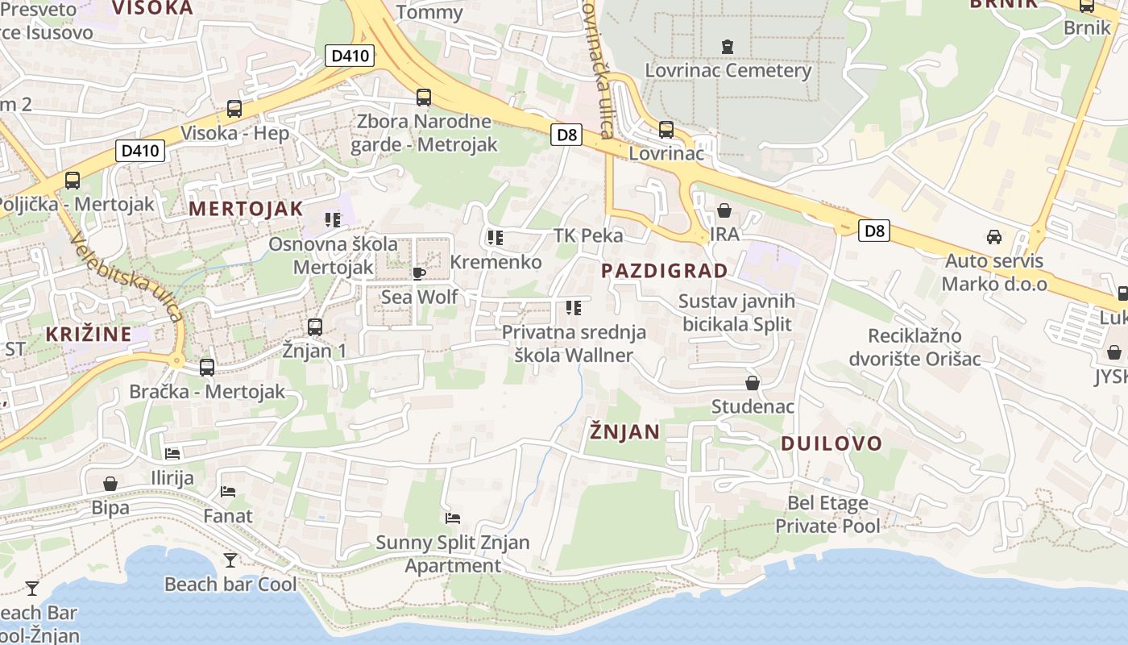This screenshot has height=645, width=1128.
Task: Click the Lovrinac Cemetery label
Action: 728,70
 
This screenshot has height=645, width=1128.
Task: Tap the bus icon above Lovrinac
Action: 666,129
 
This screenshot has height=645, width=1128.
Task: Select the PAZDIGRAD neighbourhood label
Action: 665,270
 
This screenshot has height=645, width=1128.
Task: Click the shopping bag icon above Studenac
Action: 752,383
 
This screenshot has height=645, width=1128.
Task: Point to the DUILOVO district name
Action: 831,443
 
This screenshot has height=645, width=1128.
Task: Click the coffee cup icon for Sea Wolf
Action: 418,273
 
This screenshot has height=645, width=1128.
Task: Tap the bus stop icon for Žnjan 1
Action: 315,327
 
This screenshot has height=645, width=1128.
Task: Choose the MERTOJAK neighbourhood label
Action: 246,209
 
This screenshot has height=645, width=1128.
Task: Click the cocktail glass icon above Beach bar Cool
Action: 231,560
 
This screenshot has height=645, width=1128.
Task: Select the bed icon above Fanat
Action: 228,491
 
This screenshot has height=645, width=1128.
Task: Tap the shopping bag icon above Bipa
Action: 110,484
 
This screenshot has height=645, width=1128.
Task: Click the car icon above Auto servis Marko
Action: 994,237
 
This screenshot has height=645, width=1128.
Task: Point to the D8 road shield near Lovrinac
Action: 567,135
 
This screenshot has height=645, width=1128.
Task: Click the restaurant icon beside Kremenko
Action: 495,238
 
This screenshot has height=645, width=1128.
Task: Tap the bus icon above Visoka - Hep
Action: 234,108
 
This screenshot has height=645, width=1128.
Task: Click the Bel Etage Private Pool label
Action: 827,514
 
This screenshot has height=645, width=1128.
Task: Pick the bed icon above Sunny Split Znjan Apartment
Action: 453,518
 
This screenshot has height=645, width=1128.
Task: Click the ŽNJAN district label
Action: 624,431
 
